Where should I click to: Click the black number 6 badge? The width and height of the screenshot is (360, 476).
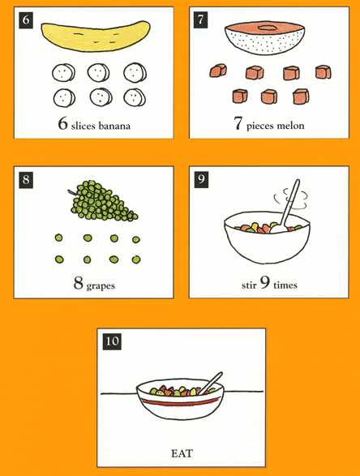point(26,20)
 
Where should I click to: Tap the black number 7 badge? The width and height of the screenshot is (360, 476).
point(200,20)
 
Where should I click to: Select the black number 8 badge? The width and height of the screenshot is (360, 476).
point(26,180)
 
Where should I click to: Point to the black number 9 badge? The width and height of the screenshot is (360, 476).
point(201,179)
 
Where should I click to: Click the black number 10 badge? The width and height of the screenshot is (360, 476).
point(112,341)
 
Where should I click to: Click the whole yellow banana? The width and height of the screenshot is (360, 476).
point(96,36)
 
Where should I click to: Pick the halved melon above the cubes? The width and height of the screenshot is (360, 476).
point(264,38)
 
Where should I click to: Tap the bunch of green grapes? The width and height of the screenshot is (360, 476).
point(103,200)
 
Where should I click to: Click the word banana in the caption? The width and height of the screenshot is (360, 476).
point(114,126)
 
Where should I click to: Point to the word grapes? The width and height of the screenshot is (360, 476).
point(101,286)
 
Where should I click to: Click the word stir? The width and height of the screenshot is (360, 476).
point(249,285)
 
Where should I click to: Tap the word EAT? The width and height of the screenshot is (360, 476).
point(182,453)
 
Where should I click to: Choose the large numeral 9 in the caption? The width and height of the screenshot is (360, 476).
point(265,282)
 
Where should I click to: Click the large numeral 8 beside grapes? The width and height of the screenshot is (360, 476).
point(78,283)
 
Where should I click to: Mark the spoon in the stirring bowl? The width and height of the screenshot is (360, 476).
point(285,208)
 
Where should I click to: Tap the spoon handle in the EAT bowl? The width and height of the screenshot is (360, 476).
point(211,383)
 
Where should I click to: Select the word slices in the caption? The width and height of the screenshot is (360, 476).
point(84,126)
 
